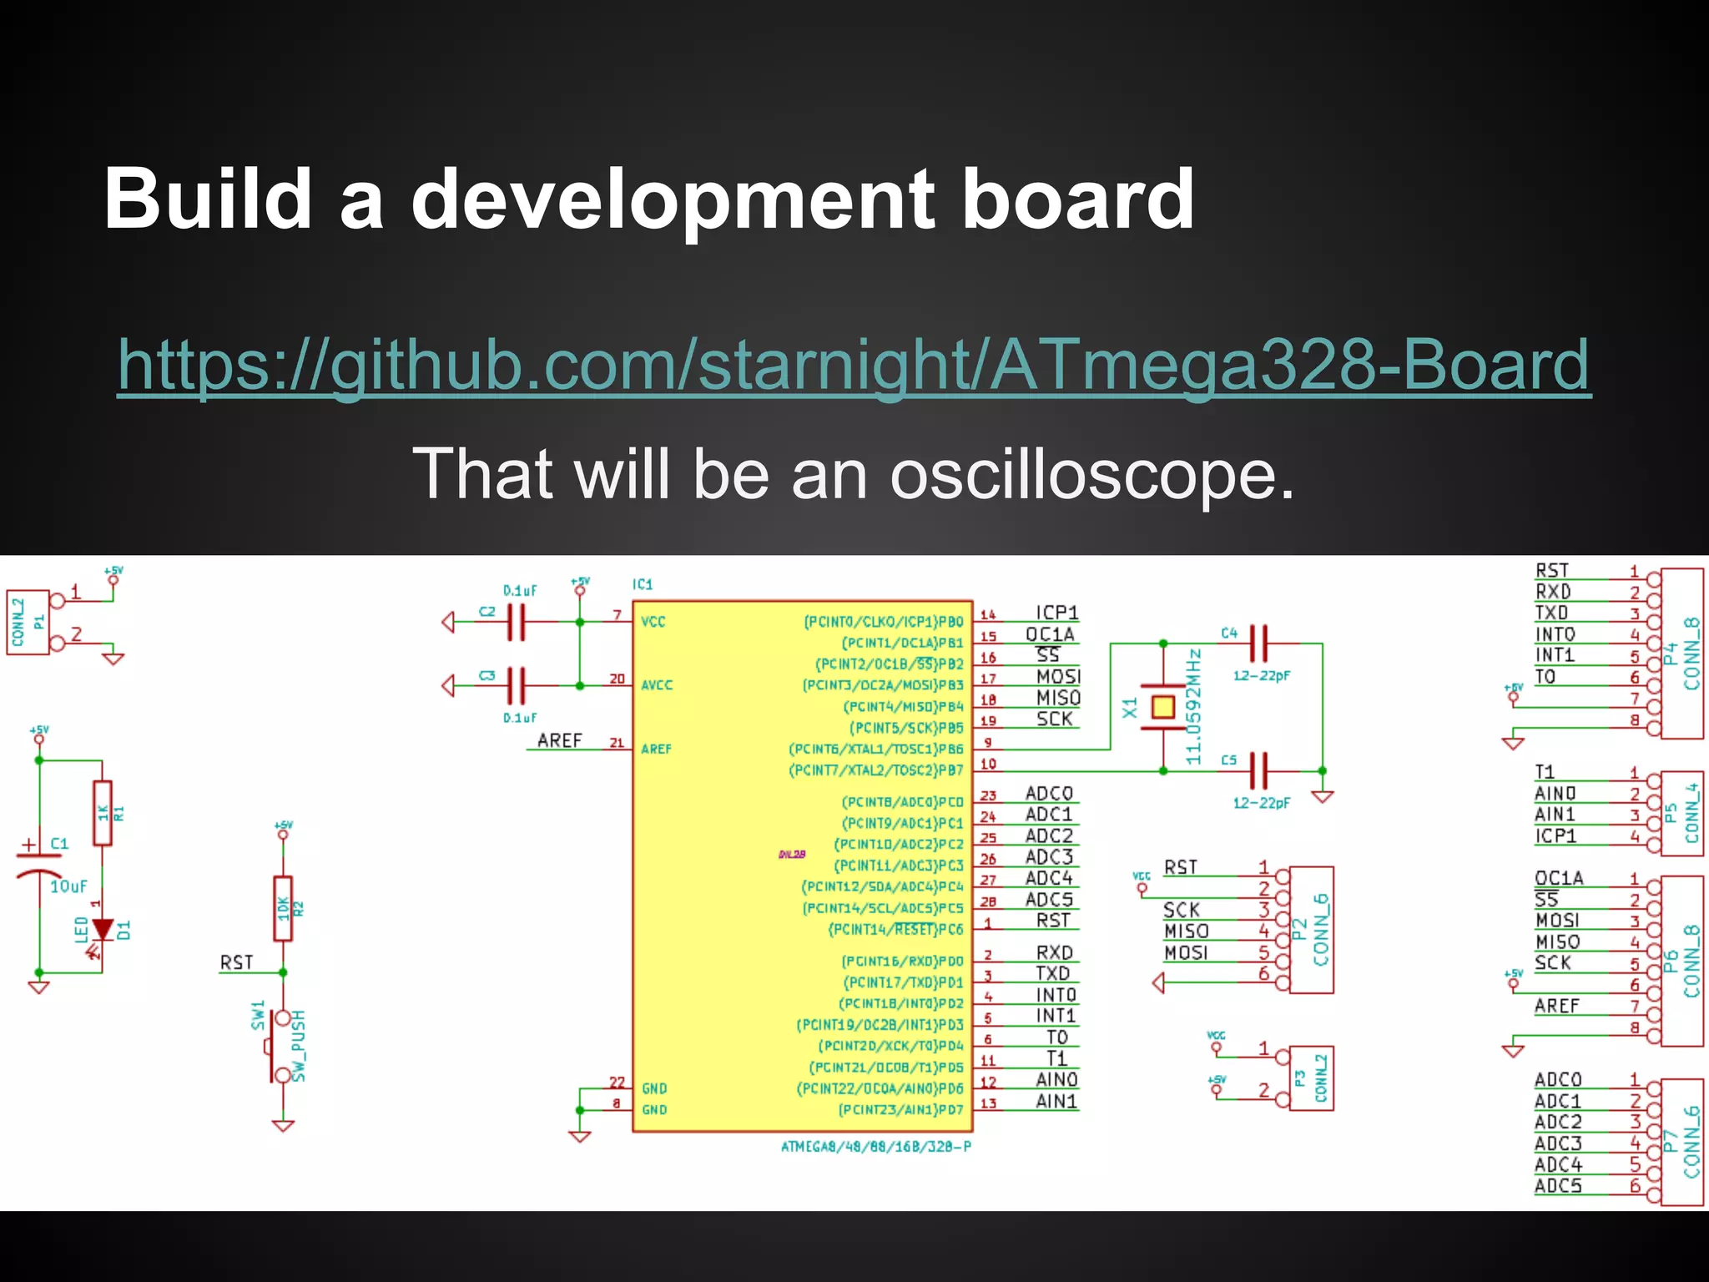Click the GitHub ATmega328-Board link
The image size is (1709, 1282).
click(x=853, y=365)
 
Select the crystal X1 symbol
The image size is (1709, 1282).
click(x=1162, y=708)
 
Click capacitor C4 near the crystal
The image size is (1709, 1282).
click(x=1258, y=644)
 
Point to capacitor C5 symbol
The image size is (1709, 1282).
click(x=1258, y=770)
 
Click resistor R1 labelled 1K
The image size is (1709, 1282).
click(x=103, y=813)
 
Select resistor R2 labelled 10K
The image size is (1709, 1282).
click(x=284, y=908)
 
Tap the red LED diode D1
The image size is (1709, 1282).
click(x=103, y=929)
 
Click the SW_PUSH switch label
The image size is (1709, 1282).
click(x=299, y=1045)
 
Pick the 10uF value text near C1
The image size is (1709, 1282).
click(x=68, y=886)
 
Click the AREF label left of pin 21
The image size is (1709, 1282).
click(x=559, y=740)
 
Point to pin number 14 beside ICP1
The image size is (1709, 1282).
click(x=988, y=614)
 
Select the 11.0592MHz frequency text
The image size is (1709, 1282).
click(x=1194, y=706)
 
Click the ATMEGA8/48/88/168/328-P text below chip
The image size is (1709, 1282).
click(x=875, y=1147)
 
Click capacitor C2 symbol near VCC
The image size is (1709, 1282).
click(x=516, y=622)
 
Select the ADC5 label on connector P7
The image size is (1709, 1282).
click(x=1557, y=1186)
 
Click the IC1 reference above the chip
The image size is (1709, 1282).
click(x=643, y=584)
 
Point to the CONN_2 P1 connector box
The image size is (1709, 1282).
click(x=28, y=622)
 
